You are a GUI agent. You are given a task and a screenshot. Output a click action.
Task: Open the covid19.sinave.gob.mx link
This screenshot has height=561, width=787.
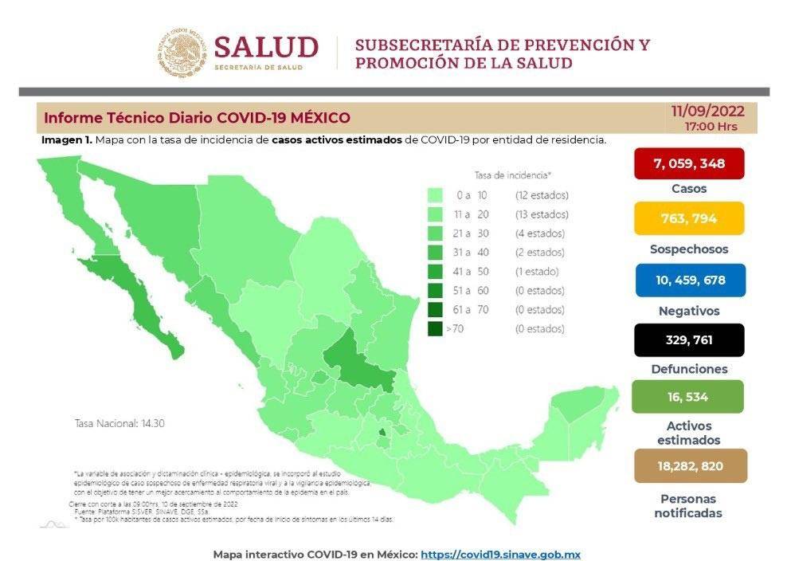click(499, 554)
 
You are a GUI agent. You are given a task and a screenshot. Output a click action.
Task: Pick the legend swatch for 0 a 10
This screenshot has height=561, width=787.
click(435, 195)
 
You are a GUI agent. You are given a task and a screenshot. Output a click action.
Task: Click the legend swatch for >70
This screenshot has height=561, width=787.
click(435, 328)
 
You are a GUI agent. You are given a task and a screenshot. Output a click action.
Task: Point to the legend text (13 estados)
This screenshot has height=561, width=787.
click(542, 214)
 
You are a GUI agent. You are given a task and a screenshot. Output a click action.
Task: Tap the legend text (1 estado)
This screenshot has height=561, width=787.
click(539, 272)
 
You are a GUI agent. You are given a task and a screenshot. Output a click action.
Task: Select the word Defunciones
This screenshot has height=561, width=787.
click(689, 369)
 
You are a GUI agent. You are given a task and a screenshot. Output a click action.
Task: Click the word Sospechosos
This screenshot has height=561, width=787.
click(689, 249)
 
